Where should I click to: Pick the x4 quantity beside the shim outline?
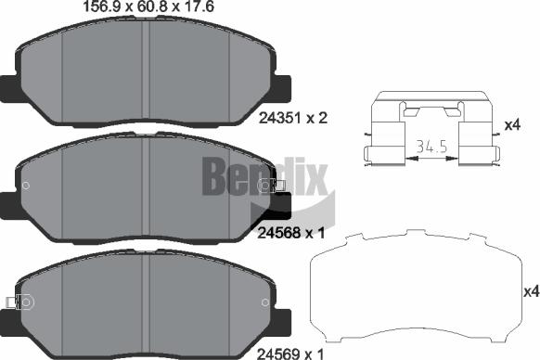(530, 291)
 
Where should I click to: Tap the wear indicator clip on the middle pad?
(268, 186)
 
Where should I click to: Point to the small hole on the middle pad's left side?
(27, 186)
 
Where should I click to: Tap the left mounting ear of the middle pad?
(8, 200)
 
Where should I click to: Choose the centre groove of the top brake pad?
(146, 70)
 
